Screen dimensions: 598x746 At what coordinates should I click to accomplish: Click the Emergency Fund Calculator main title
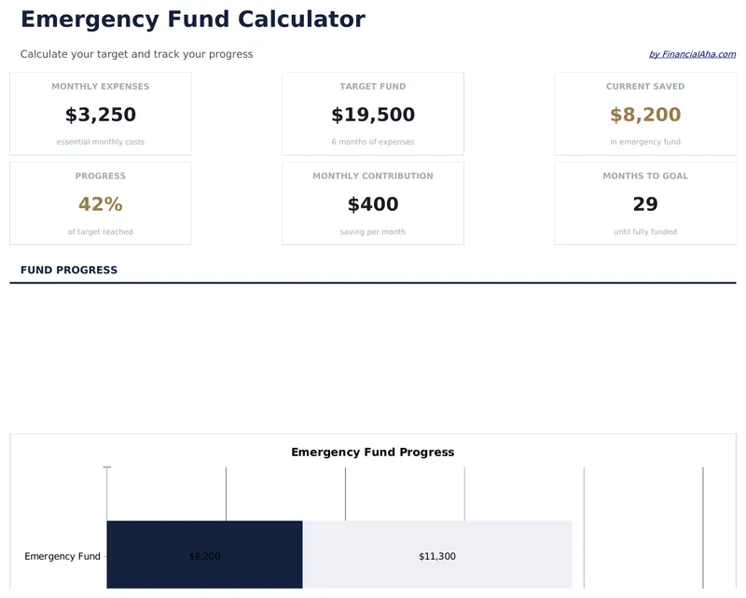click(192, 20)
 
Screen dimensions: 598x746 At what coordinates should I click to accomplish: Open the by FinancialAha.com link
click(692, 54)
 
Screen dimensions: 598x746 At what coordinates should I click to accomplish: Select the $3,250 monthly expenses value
click(101, 115)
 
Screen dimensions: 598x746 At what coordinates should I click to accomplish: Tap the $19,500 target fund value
click(373, 115)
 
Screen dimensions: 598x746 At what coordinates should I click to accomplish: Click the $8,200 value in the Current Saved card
click(645, 115)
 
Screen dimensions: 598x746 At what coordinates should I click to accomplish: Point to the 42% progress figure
click(101, 204)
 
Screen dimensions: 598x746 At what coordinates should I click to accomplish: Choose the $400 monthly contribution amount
click(373, 204)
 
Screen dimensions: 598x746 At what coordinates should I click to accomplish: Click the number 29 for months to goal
click(645, 204)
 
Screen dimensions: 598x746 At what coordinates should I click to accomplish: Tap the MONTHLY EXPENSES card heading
click(101, 87)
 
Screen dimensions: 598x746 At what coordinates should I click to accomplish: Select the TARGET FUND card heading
click(373, 87)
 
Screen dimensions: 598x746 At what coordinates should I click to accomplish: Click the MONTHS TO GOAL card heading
click(645, 176)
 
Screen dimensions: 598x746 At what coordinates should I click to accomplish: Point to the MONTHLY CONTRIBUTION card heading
click(373, 176)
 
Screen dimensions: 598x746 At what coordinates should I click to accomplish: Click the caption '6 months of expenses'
click(373, 142)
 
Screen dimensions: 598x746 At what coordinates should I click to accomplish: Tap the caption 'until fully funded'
click(645, 231)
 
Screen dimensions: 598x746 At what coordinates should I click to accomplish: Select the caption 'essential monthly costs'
click(101, 142)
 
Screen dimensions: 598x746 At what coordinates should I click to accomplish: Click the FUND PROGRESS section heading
click(69, 271)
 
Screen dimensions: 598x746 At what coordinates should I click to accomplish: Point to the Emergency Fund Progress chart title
click(373, 452)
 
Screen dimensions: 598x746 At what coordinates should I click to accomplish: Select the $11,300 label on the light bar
click(437, 557)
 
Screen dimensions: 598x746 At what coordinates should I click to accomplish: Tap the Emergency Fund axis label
click(62, 557)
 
